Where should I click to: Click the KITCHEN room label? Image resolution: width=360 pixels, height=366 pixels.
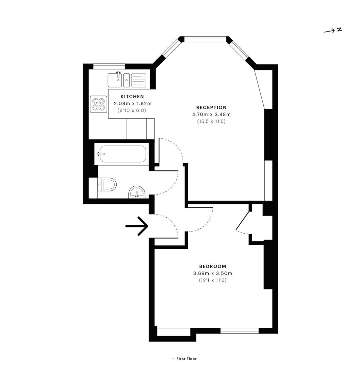132,96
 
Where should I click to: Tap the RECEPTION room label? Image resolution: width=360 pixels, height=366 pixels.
211,107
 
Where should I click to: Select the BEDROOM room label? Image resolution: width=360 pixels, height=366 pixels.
212,266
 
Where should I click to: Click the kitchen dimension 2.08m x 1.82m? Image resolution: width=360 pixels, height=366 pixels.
133,103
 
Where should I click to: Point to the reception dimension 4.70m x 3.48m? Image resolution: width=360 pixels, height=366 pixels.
211,115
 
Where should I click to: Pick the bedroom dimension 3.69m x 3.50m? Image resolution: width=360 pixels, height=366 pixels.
212,273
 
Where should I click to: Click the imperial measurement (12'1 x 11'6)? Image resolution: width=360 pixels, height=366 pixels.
212,280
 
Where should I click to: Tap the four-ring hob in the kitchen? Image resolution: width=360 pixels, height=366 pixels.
98,104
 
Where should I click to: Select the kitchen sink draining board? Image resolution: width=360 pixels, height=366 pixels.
139,80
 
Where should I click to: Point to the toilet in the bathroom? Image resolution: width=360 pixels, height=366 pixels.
107,184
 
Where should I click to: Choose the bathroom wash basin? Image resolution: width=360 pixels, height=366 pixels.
137,192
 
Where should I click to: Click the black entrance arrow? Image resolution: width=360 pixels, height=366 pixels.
137,226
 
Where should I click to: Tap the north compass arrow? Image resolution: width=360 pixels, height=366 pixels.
329,31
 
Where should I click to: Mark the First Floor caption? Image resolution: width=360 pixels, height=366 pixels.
184,359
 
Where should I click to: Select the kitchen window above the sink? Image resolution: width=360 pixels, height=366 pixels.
109,66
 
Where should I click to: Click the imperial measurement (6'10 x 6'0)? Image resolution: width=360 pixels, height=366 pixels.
132,110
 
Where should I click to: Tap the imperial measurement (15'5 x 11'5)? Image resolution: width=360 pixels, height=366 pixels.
211,121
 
